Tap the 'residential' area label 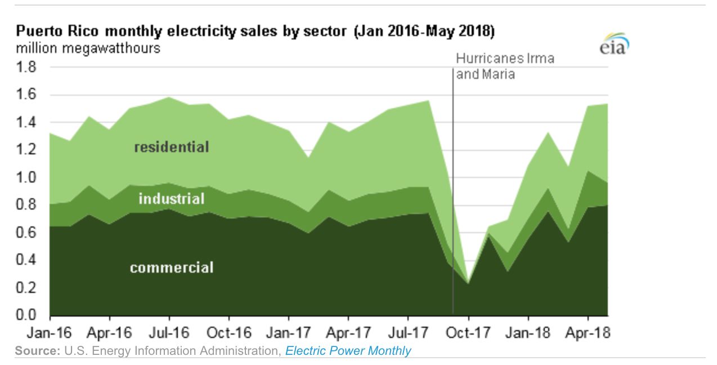coord(171,148)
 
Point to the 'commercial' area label coord(171,267)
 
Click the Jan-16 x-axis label coord(50,333)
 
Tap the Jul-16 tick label coord(169,333)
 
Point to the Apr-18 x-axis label coord(588,333)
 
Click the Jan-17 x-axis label coord(289,333)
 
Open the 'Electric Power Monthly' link coord(348,351)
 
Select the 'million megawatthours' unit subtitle coord(88,48)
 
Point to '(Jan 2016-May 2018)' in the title coord(424,32)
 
